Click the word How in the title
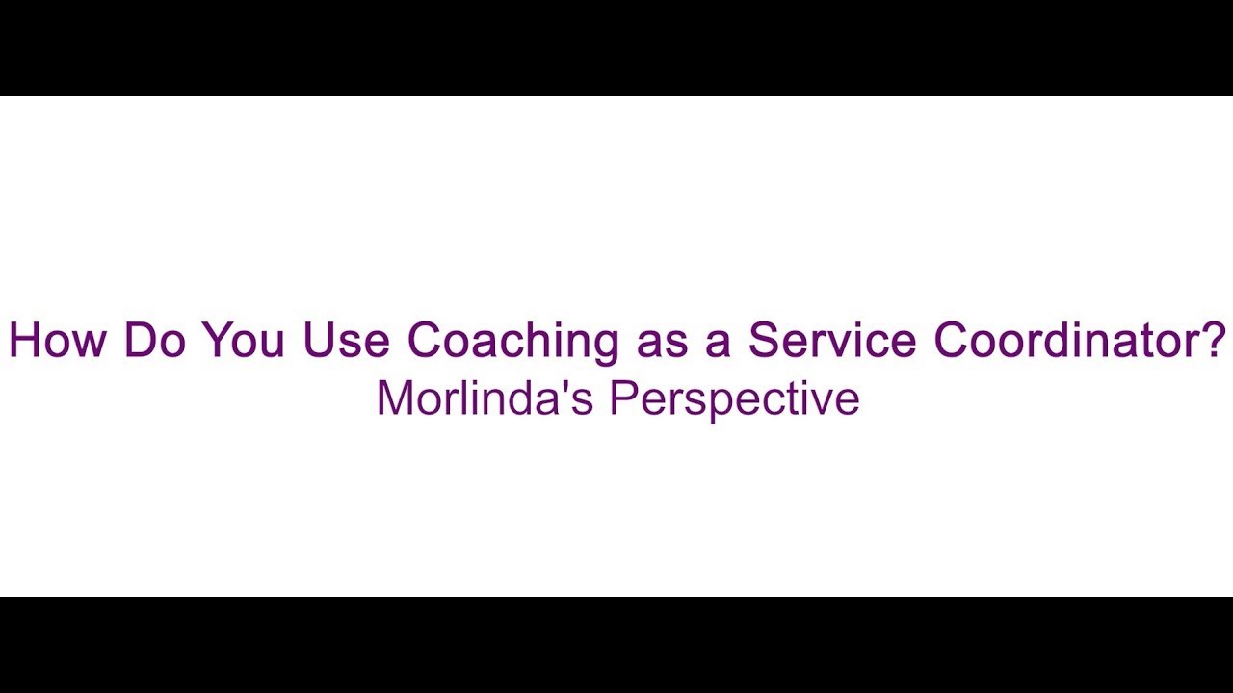point(57,340)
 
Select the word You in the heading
point(243,340)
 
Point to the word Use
point(346,340)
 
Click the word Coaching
point(512,340)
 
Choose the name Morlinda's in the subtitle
point(485,398)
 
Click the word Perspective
point(734,398)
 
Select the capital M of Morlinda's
point(394,398)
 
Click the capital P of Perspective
point(621,398)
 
